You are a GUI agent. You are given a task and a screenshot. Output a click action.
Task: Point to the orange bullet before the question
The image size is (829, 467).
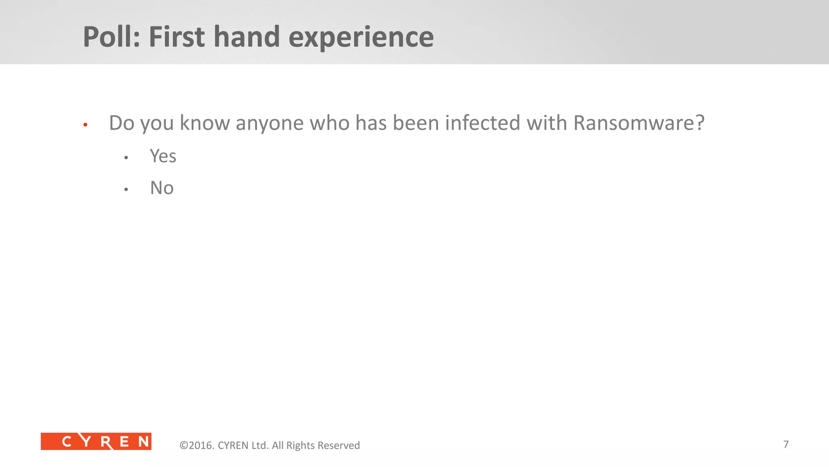pos(85,125)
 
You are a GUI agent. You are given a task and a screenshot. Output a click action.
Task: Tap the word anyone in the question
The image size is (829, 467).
pos(270,123)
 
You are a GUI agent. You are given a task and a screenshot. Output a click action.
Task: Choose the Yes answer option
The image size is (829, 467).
pos(163,156)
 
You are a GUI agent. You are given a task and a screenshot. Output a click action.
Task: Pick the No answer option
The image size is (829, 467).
pos(162,188)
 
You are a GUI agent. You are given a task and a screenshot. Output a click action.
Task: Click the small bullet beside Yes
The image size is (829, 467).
pos(126,158)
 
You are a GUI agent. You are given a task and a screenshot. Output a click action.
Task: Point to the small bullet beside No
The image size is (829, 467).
pos(126,189)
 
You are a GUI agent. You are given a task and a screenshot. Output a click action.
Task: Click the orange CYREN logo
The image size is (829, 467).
pos(96,441)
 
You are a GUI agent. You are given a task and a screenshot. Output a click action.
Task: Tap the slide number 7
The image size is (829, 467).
pos(786,444)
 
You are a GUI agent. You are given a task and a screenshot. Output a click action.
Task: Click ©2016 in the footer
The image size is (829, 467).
pos(197,445)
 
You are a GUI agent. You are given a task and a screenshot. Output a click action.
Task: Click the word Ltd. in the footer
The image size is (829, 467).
pos(260,445)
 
